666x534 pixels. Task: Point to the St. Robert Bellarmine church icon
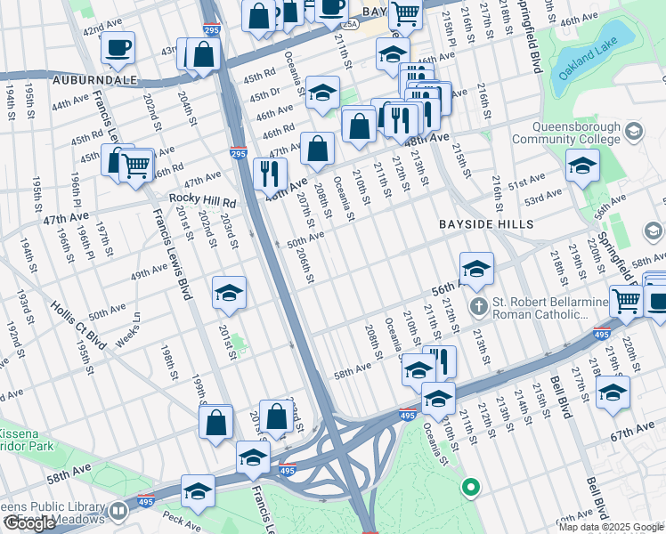(479, 308)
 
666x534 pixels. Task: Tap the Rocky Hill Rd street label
(203, 202)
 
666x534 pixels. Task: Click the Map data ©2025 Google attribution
(610, 527)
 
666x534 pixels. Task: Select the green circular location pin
(469, 487)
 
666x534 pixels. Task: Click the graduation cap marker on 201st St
(229, 293)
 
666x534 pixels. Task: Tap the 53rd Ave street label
(548, 196)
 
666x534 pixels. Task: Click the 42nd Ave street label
(101, 28)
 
